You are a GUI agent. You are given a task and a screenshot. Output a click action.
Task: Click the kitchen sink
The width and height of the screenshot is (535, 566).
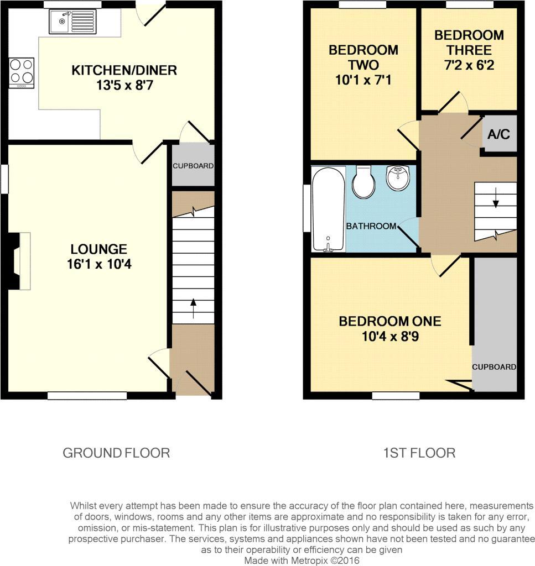72,22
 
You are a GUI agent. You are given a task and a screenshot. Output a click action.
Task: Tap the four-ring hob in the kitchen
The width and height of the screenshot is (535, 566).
22,72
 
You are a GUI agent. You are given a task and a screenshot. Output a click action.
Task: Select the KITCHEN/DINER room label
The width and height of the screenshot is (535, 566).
124,70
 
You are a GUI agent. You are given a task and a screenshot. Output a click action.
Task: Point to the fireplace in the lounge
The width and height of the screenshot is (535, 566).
19,261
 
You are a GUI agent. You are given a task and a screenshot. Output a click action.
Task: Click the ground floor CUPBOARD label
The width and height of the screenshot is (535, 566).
193,166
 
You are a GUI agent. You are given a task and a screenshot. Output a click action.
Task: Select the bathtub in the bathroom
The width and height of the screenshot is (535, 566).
328,209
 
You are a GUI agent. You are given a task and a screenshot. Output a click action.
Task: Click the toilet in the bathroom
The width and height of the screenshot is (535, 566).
363,183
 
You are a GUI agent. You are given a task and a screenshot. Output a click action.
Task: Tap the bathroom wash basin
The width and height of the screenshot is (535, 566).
398,178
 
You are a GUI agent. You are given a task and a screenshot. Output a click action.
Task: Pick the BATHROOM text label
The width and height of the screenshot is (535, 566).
371,226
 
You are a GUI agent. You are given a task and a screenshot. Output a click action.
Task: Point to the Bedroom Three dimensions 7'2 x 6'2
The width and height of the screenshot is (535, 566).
469,65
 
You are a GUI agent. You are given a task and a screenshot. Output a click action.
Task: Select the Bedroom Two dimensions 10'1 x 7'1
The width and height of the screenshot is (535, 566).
363,80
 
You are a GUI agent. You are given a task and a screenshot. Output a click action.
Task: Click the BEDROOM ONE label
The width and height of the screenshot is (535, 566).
389,321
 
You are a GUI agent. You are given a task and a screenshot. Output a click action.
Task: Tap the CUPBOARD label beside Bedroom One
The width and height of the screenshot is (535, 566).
494,367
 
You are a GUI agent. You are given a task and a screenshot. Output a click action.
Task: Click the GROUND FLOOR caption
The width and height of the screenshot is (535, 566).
116,453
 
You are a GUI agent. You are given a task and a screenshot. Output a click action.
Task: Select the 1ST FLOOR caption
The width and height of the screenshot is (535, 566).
419,453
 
